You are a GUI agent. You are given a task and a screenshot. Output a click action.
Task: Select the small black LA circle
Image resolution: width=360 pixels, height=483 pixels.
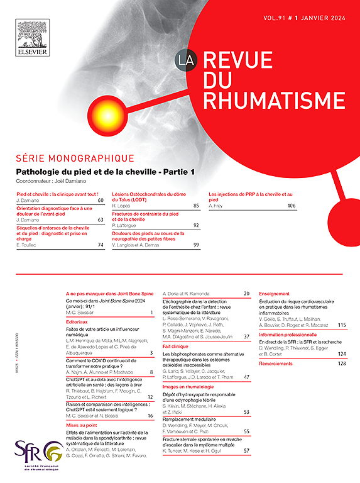187,60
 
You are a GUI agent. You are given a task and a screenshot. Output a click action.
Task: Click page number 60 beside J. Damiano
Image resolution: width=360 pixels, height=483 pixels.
100,200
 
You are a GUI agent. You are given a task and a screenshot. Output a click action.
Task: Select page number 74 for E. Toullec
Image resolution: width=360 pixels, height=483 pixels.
100,245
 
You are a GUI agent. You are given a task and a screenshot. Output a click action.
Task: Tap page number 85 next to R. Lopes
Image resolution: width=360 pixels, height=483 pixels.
196,206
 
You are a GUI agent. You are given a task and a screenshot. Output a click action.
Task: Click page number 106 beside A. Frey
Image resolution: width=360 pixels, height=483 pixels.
291,206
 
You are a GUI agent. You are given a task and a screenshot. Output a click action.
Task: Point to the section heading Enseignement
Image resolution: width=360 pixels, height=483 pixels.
274,294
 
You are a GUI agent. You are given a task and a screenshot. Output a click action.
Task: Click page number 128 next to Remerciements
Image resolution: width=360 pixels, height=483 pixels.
342,363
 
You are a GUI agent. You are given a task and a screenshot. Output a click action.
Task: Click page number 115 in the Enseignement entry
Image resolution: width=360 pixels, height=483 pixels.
342,325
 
